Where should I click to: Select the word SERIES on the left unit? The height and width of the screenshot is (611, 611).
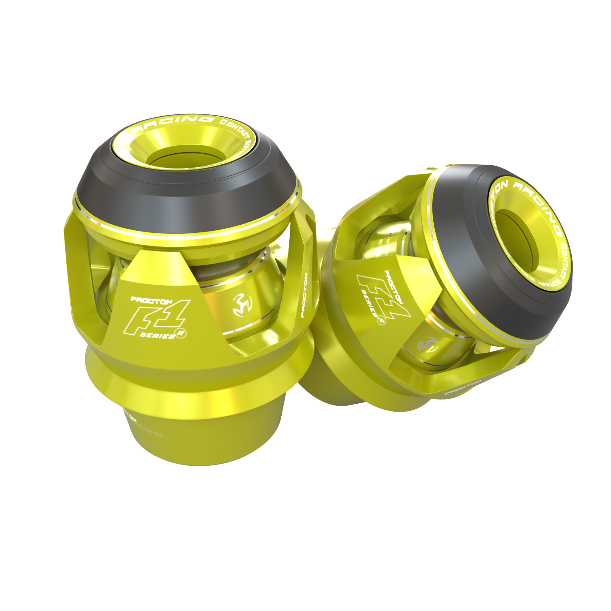click(157, 336)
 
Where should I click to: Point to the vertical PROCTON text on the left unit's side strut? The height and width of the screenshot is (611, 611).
click(304, 296)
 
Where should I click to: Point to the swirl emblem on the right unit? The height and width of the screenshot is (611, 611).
click(427, 345)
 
